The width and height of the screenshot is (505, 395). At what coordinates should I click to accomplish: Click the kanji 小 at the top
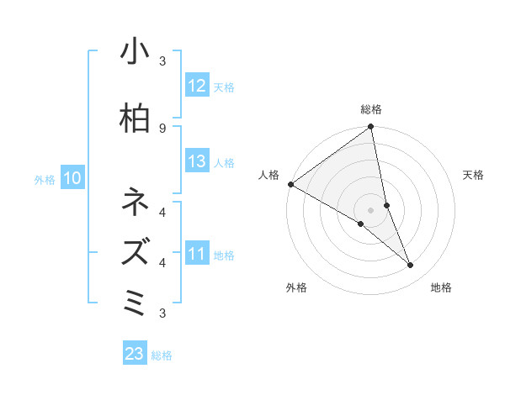point(135,52)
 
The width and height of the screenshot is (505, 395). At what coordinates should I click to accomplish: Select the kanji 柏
point(135,118)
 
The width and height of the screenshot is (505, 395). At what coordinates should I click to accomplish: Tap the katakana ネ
point(135,203)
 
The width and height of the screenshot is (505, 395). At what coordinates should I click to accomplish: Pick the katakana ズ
point(135,251)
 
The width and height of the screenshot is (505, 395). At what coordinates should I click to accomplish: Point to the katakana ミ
point(135,300)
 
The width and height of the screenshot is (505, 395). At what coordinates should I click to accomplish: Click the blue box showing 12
point(197,86)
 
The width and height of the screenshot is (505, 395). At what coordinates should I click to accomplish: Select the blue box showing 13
point(197,162)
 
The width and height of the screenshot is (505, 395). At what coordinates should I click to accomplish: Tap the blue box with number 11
point(197,254)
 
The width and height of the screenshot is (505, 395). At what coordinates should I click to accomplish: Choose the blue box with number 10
point(72,178)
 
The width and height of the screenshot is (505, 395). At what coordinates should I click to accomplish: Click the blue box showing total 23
point(135,354)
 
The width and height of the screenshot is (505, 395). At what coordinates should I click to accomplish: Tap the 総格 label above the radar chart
point(371,109)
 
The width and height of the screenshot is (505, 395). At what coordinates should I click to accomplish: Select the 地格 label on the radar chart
point(441,287)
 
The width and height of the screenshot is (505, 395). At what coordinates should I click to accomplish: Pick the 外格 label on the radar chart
point(296,287)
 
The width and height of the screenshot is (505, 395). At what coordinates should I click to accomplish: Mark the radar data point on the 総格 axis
point(371,128)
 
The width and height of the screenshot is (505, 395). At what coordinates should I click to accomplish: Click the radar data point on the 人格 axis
point(290,183)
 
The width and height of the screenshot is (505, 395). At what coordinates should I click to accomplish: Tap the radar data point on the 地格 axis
point(411,265)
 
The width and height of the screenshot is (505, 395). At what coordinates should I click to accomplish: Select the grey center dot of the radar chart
point(371,209)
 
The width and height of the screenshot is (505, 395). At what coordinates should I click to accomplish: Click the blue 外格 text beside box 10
point(45,179)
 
